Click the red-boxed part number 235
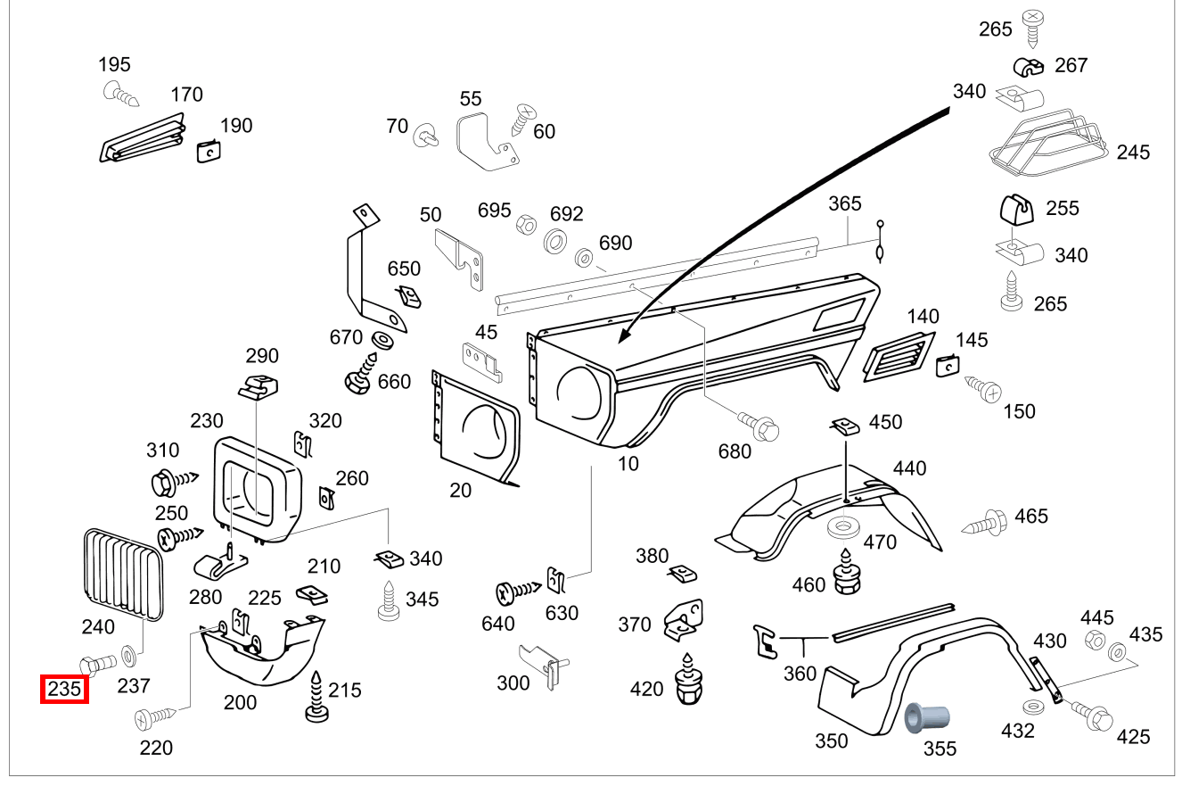click(64, 690)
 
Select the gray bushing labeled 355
click(926, 719)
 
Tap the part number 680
click(735, 451)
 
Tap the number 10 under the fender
click(628, 465)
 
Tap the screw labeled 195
click(119, 93)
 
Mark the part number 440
click(909, 467)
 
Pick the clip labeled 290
click(259, 385)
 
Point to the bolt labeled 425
click(1092, 714)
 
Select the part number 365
click(844, 203)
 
